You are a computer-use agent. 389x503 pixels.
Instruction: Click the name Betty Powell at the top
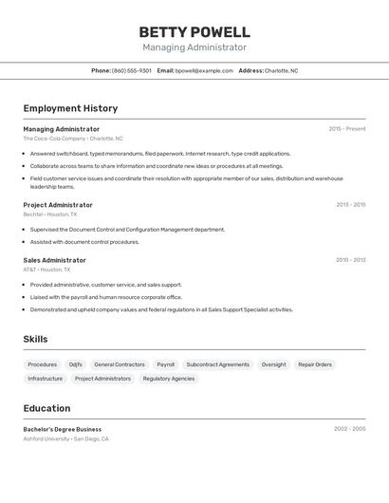tap(194, 32)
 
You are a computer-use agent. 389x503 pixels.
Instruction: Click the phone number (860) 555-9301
tap(132, 70)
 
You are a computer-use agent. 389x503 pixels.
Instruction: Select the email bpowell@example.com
tap(204, 70)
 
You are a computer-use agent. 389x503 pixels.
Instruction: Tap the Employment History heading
tap(70, 108)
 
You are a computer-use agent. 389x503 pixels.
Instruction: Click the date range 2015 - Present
tap(347, 128)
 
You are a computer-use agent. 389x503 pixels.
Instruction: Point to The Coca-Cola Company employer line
tap(73, 139)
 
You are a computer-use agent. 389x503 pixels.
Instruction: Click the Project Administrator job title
tap(58, 205)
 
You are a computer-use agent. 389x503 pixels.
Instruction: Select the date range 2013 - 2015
tap(350, 204)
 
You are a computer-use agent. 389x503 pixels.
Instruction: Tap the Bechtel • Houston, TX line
tap(50, 214)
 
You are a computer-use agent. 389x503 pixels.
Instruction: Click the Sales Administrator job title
tap(54, 260)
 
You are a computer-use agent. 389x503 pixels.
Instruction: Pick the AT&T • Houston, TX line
tap(46, 270)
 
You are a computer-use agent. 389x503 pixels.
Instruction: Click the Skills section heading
tap(35, 339)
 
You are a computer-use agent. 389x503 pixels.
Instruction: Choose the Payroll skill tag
tap(166, 364)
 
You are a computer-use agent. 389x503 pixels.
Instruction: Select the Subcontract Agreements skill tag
tap(217, 364)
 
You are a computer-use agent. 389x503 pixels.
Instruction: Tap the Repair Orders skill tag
tap(315, 364)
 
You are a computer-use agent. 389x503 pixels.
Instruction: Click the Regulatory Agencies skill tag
tap(169, 379)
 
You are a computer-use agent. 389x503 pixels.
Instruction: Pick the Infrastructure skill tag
tap(45, 379)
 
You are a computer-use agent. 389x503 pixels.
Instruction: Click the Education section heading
tap(46, 408)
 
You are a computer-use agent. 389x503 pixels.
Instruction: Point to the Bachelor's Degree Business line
tap(62, 429)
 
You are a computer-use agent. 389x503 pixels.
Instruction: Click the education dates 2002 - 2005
tap(349, 429)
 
